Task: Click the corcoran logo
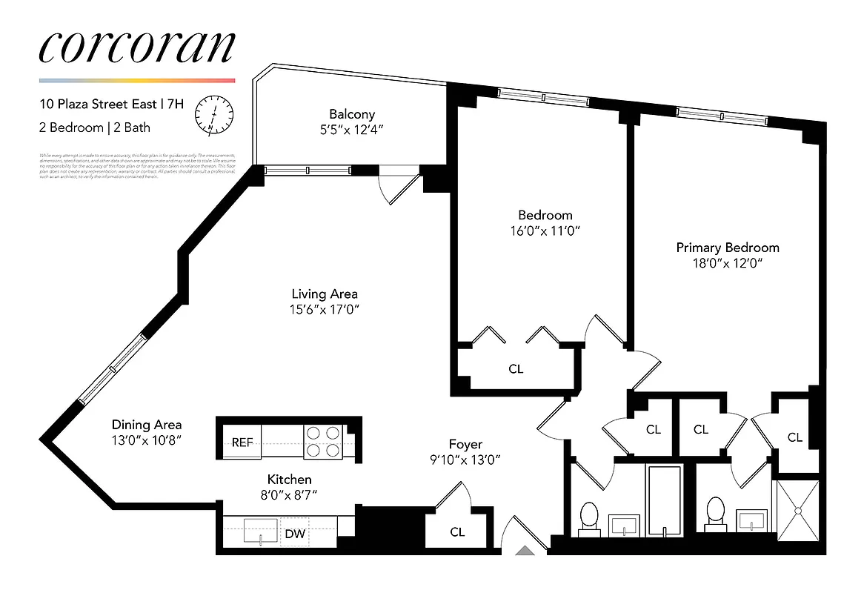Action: (136, 47)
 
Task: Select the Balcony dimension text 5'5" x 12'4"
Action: (352, 129)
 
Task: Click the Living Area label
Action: (325, 294)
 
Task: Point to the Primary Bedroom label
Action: (727, 248)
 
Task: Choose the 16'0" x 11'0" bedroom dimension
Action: (539, 231)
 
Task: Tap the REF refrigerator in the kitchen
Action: (242, 443)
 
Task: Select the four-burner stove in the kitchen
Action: (322, 441)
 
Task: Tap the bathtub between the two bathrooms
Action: (665, 500)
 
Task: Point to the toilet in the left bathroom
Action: (589, 516)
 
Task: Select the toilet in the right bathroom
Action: (714, 514)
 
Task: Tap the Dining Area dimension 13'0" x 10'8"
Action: (147, 440)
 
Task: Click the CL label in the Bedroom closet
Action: (516, 368)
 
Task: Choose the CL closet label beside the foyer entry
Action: (457, 532)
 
